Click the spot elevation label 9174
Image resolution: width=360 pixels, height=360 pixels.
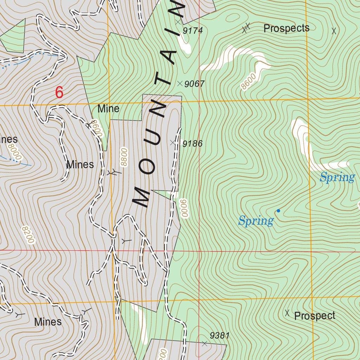pyautogui.click(x=193, y=31)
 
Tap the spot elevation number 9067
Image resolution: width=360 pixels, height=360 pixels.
pyautogui.click(x=194, y=84)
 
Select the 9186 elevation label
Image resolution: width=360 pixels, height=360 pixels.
pyautogui.click(x=193, y=143)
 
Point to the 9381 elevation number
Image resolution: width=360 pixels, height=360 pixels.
pyautogui.click(x=220, y=336)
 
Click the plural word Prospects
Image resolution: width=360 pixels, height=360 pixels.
pyautogui.click(x=286, y=28)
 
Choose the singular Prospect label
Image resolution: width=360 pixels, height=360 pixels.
pyautogui.click(x=315, y=316)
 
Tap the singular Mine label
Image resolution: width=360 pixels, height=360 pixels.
pyautogui.click(x=108, y=109)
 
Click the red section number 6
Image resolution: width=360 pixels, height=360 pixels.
pyautogui.click(x=59, y=93)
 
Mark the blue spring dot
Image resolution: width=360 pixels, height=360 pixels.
pyautogui.click(x=278, y=211)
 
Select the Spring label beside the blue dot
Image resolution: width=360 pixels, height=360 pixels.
pyautogui.click(x=256, y=221)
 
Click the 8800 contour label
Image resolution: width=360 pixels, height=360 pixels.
pyautogui.click(x=124, y=157)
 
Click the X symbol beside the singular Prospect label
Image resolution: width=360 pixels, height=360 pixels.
pyautogui.click(x=287, y=313)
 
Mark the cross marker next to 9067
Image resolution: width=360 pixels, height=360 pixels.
pyautogui.click(x=180, y=84)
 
